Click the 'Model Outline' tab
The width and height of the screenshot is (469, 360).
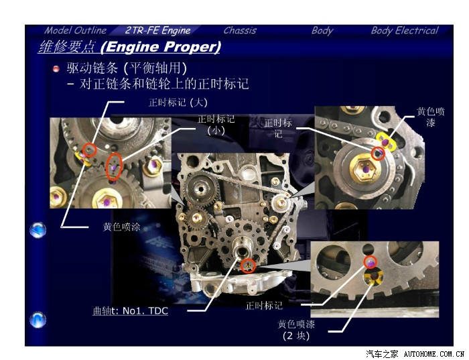[x=75, y=30]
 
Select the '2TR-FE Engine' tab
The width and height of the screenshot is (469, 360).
[x=157, y=30]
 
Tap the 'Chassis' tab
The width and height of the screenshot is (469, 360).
[x=240, y=30]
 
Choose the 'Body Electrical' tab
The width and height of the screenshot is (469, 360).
[x=405, y=30]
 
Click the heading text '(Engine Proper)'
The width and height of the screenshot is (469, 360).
[x=161, y=47]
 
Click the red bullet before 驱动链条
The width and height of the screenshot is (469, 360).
[x=56, y=69]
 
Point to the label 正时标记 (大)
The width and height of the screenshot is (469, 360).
[x=178, y=103]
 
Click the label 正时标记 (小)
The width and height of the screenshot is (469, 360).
[x=216, y=125]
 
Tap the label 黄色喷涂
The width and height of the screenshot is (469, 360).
[x=121, y=227]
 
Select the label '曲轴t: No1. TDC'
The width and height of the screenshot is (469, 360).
[x=131, y=311]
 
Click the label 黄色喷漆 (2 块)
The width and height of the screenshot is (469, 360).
[x=296, y=330]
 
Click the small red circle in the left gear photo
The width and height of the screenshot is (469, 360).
[x=89, y=149]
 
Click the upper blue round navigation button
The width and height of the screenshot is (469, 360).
[x=38, y=230]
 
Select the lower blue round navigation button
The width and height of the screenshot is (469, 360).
[x=38, y=320]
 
